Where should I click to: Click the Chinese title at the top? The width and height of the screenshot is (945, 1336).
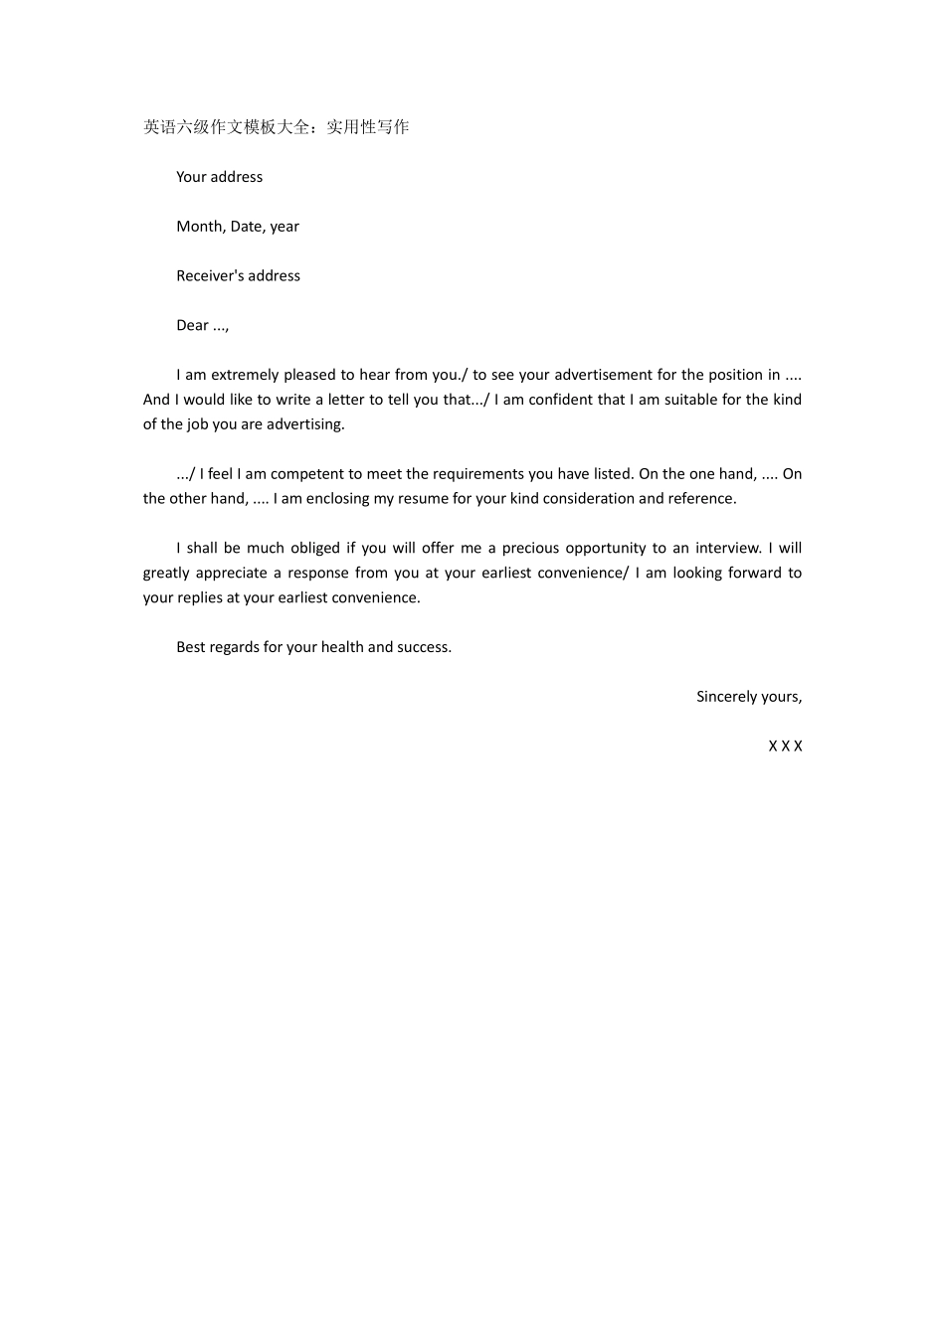click(276, 127)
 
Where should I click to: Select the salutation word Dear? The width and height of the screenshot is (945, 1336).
click(193, 326)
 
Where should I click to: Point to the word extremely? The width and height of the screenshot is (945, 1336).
click(245, 375)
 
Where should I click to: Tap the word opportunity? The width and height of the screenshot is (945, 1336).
click(606, 549)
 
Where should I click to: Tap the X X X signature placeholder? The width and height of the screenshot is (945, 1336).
click(785, 747)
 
